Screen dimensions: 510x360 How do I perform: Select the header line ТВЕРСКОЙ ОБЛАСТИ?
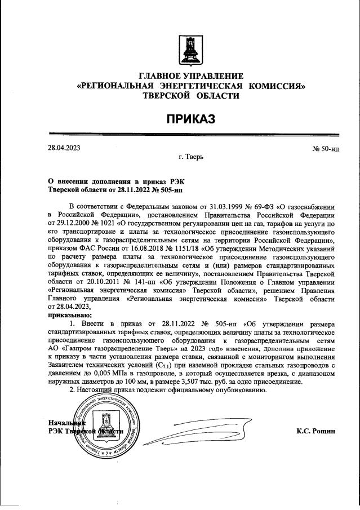[191, 96]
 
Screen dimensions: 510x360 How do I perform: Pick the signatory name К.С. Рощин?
[315, 431]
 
